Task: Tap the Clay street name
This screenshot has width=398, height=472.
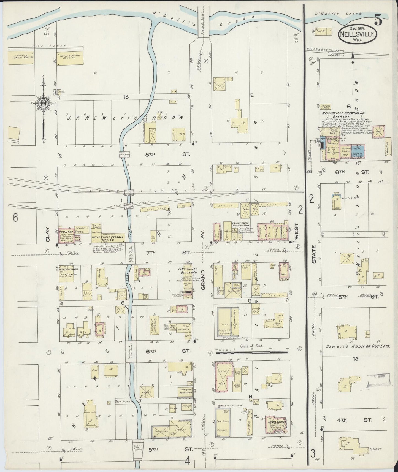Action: click(x=47, y=234)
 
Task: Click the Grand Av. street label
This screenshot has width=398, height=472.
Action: click(x=203, y=280)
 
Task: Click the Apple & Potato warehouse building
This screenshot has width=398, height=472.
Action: click(x=70, y=58)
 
